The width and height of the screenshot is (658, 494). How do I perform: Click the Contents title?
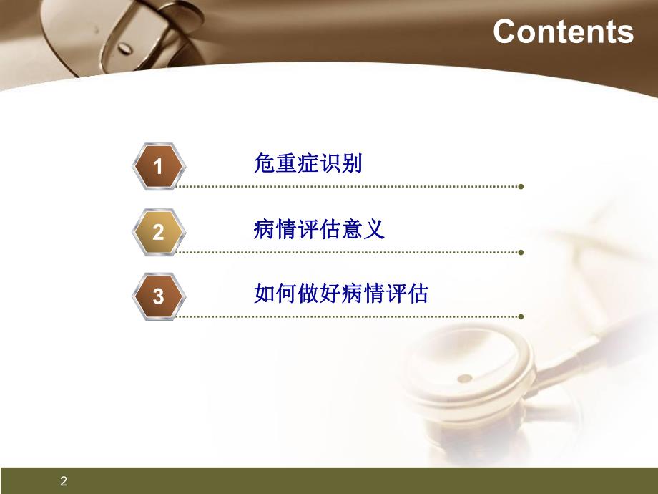point(563,32)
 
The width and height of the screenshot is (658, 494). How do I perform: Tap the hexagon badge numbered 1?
point(159,167)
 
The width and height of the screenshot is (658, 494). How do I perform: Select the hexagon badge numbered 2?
point(159,232)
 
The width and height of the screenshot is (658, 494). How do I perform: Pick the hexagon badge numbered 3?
point(159,296)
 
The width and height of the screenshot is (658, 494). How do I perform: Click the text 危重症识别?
point(308,165)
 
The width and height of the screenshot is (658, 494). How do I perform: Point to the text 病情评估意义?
point(319,229)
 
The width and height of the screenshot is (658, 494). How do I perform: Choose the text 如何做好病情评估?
point(341,294)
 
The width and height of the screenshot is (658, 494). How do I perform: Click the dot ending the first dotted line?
point(521,188)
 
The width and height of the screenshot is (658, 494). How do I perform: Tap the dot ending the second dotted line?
point(521,252)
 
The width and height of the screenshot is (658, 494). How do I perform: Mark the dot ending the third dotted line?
point(521,316)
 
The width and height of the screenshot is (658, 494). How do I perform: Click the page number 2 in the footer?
point(64,481)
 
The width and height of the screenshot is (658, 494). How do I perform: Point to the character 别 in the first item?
point(353,165)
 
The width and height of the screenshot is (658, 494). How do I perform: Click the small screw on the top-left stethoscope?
point(125,48)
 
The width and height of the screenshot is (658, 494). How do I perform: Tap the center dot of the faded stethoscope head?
point(465,378)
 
